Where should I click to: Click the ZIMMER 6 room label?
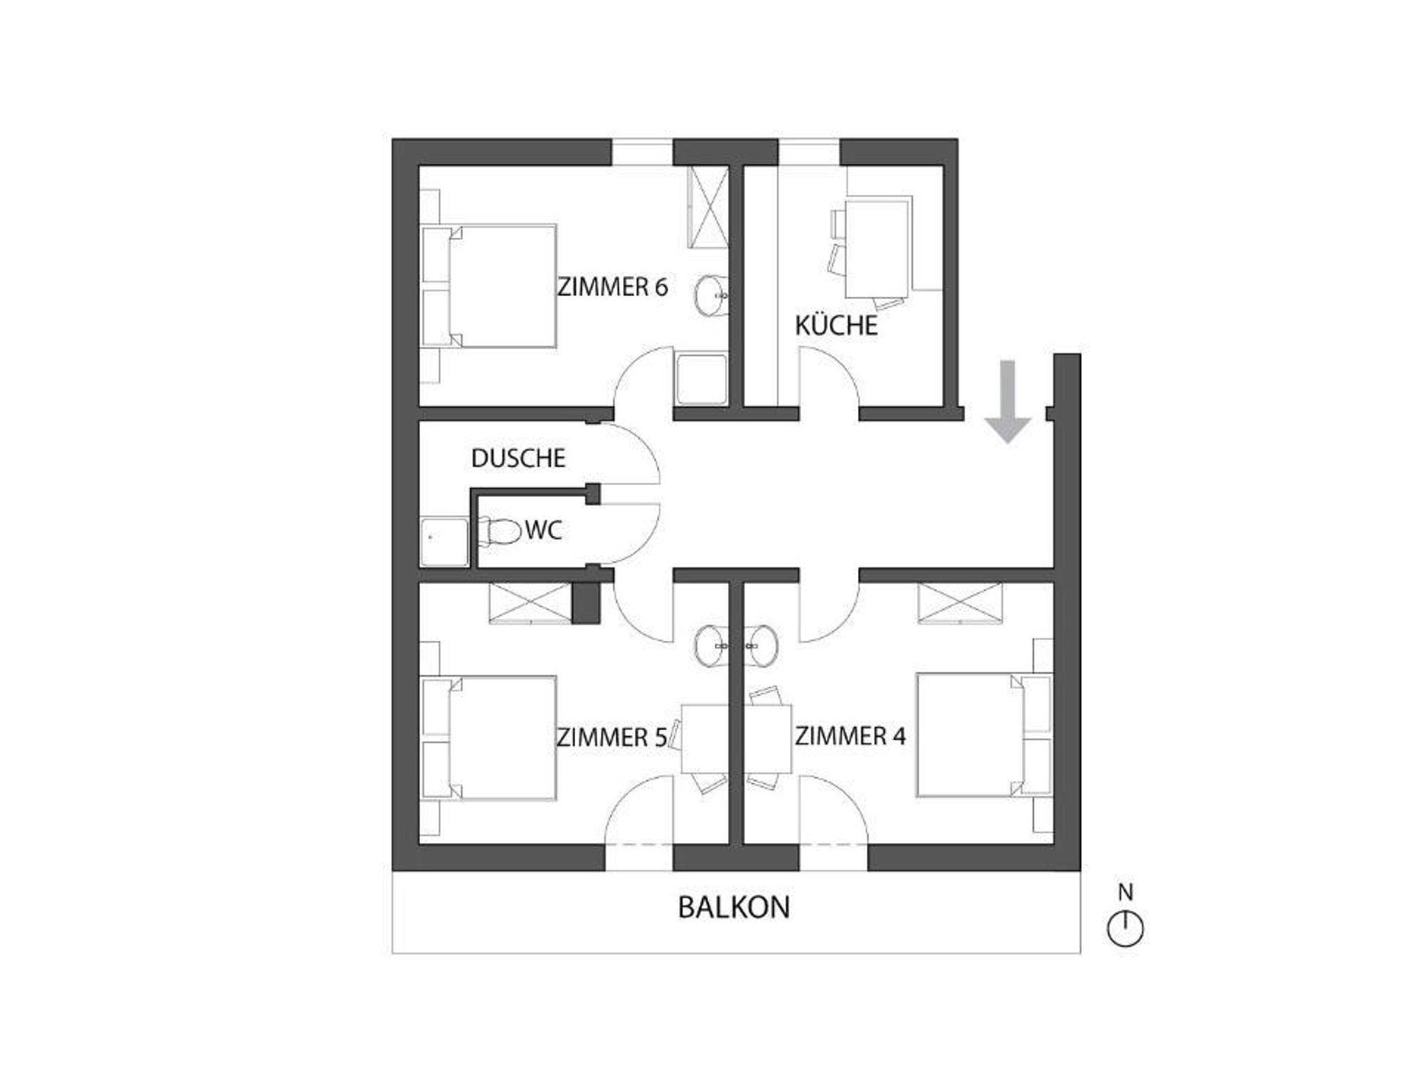click(613, 287)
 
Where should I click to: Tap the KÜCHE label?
click(836, 325)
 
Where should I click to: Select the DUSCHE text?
click(519, 459)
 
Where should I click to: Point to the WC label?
click(543, 531)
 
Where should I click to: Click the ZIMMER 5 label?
click(612, 737)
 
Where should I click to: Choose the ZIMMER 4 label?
click(850, 736)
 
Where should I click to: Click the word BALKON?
click(734, 908)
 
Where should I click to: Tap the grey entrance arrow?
click(1008, 402)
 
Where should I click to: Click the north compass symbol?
click(1125, 929)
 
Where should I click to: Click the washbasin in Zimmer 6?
click(711, 296)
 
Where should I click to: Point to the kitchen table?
click(877, 247)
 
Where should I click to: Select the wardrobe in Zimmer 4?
click(960, 603)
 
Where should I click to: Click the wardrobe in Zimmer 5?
click(531, 603)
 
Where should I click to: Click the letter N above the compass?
click(1125, 892)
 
